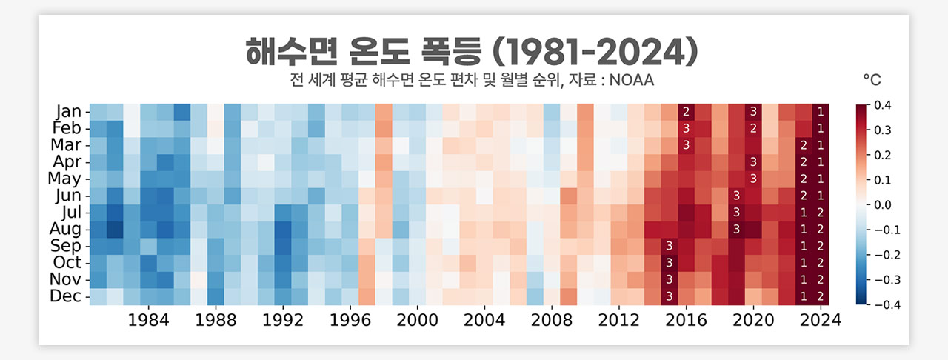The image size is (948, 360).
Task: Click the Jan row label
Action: pyautogui.click(x=69, y=112)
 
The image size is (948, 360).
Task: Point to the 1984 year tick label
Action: pyautogui.click(x=148, y=320)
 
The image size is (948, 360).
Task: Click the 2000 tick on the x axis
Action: pyautogui.click(x=417, y=320)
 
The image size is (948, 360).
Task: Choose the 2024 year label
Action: pyautogui.click(x=821, y=320)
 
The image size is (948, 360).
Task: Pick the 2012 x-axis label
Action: pyautogui.click(x=619, y=320)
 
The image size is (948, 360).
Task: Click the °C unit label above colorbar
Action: pyautogui.click(x=872, y=79)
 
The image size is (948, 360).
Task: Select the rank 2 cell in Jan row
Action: pyautogui.click(x=686, y=112)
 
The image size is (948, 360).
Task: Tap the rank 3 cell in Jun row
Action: pyautogui.click(x=736, y=196)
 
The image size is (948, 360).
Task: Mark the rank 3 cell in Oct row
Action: pyautogui.click(x=669, y=262)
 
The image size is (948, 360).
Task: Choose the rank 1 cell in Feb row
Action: pyautogui.click(x=821, y=128)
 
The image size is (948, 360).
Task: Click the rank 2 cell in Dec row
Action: pyautogui.click(x=821, y=296)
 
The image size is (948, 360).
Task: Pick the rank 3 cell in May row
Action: pyautogui.click(x=753, y=179)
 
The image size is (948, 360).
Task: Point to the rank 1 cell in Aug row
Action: pyautogui.click(x=804, y=229)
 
